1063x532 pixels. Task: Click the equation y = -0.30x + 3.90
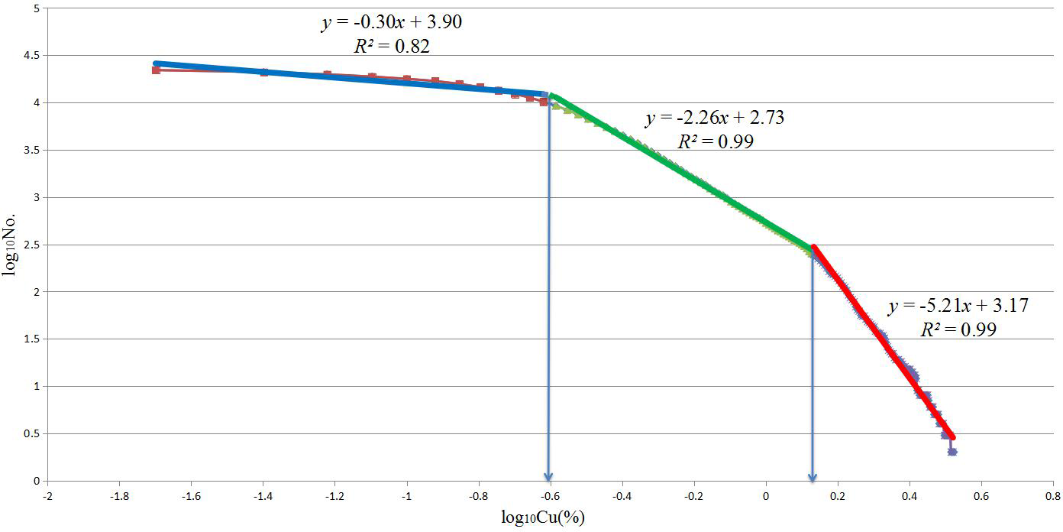391,22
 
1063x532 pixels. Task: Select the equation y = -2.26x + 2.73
715,118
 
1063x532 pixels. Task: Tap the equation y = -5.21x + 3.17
958,306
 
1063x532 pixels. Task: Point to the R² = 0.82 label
391,46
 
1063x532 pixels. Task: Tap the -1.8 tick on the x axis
119,495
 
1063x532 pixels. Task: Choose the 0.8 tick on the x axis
1054,495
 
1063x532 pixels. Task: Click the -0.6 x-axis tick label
550,495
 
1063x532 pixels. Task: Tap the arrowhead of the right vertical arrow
812,475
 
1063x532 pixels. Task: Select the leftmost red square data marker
156,70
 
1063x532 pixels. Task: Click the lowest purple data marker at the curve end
952,452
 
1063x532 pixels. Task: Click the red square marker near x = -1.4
264,73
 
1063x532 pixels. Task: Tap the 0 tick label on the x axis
766,495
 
